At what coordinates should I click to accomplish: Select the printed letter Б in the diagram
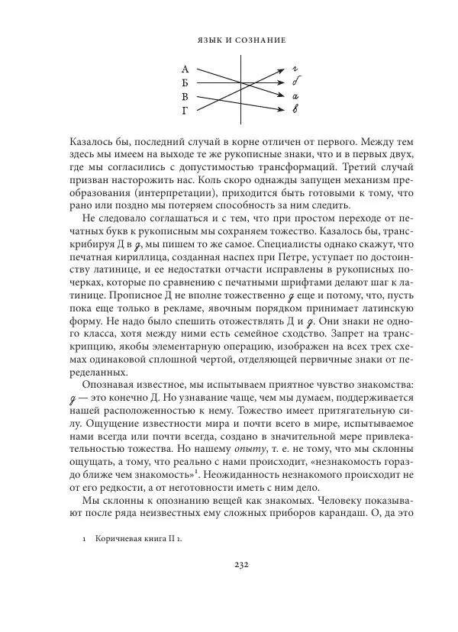click(184, 83)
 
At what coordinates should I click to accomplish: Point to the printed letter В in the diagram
click(184, 97)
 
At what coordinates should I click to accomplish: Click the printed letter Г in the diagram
click(184, 111)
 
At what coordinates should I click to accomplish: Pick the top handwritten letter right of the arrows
click(295, 69)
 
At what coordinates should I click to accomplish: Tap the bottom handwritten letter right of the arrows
click(295, 110)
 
